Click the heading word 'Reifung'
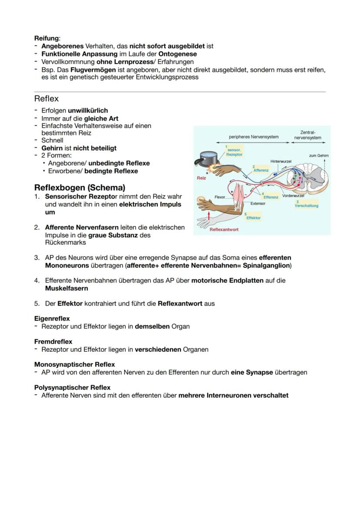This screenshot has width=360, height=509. pos(47,38)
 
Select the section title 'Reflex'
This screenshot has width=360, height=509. pos(46,99)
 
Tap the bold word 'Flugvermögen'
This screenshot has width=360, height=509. pos(93,70)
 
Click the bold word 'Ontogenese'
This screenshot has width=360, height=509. pos(177,54)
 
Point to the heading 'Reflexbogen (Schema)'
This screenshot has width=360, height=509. pos(80,188)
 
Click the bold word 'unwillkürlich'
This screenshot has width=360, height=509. pos(88,110)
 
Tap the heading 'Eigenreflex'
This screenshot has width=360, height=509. pos(52,319)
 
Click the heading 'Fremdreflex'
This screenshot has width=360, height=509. pos(53,342)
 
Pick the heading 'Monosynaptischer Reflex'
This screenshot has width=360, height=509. pos(74,364)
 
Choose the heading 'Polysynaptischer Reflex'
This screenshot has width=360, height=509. pos(72,387)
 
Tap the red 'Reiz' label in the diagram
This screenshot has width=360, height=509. pos(201,178)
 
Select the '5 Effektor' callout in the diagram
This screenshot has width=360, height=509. pos(253,216)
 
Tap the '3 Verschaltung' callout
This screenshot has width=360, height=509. pos(306,204)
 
